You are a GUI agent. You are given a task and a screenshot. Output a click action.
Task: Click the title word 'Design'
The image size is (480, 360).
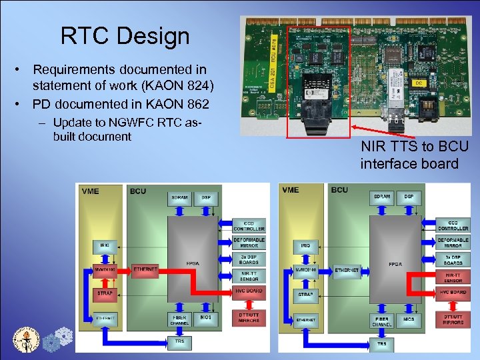(158, 36)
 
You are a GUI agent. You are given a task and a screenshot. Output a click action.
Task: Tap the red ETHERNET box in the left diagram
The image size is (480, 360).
(145, 270)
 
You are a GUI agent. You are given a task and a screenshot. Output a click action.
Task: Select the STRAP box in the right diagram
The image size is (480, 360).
(306, 294)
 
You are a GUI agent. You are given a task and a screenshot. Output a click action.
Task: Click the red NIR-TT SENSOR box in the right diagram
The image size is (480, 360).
(453, 277)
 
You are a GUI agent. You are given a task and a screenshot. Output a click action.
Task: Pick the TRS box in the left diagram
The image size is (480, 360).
(179, 341)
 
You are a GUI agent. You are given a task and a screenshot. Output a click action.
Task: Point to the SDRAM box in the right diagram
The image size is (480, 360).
(381, 198)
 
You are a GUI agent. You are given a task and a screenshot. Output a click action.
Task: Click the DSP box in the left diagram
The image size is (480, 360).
(206, 198)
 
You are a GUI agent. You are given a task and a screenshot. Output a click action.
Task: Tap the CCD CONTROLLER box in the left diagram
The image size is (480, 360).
(249, 226)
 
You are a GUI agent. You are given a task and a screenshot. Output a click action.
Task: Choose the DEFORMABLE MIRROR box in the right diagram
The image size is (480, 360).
(453, 243)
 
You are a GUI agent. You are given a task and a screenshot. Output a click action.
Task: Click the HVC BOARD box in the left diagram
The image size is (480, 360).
(249, 291)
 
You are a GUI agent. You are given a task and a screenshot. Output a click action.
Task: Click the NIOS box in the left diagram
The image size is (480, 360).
(206, 318)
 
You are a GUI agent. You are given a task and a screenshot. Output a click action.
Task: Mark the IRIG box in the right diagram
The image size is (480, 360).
(306, 245)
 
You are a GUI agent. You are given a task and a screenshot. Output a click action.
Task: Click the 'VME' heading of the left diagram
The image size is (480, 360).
(90, 191)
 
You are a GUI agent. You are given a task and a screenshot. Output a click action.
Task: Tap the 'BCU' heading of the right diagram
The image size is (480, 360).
(339, 189)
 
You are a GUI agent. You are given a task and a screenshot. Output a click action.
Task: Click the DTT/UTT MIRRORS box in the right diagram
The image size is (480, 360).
(453, 319)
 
